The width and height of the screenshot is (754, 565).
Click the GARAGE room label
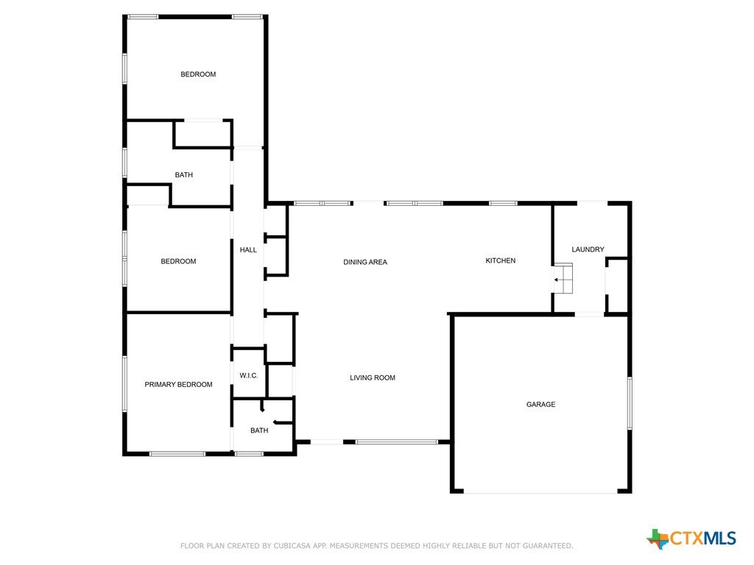point(540,405)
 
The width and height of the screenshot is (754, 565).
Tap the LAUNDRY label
point(588,249)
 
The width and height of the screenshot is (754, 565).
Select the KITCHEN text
point(500,260)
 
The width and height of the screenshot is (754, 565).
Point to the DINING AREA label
point(365,262)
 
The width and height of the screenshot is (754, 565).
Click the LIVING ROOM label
point(372,377)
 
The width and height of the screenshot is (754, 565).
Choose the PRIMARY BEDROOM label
point(178,384)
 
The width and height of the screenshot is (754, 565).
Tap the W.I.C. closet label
point(249,376)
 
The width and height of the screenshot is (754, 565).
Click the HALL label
point(248,250)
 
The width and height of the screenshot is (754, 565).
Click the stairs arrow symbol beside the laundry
point(557,280)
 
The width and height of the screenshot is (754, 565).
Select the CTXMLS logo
point(691,538)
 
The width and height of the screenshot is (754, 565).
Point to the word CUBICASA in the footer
point(292,546)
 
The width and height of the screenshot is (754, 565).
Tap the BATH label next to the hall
point(183,175)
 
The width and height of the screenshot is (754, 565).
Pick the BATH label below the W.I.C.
point(259,430)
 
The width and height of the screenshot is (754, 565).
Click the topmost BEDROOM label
point(198,74)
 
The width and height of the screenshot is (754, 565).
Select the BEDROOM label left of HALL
point(178,261)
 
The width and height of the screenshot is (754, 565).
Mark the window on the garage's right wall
point(630,403)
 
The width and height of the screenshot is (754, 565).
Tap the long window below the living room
point(397,442)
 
